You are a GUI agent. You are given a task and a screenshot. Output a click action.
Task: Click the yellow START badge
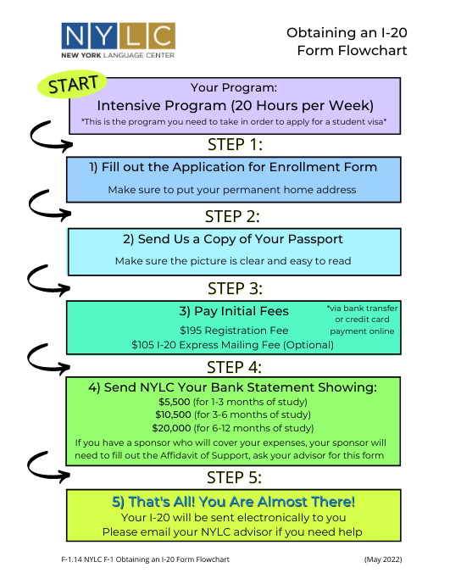click(x=72, y=84)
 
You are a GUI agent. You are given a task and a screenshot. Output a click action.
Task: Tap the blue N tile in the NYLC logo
click(x=75, y=36)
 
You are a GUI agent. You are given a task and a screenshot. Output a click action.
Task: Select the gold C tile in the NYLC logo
click(x=162, y=36)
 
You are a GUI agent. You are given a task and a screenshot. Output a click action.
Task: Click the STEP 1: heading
click(x=235, y=144)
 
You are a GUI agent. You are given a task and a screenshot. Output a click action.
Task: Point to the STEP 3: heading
click(x=235, y=289)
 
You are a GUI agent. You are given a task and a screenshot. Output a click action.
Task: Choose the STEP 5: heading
click(x=234, y=477)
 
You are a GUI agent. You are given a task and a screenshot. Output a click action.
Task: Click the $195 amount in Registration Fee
click(x=191, y=331)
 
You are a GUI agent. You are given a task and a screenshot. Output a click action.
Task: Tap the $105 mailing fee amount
click(x=142, y=345)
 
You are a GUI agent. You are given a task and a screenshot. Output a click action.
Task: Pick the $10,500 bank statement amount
click(x=173, y=414)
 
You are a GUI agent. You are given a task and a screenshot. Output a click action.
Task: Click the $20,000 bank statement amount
click(x=171, y=428)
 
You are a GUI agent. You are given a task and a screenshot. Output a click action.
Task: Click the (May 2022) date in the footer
click(x=383, y=559)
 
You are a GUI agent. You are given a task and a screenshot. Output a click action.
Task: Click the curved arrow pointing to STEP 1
click(x=51, y=136)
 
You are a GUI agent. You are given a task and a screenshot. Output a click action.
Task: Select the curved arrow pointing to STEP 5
click(x=48, y=467)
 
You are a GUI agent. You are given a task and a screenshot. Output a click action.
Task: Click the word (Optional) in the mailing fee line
click(x=308, y=345)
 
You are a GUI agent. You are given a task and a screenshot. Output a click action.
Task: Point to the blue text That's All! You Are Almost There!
click(x=234, y=502)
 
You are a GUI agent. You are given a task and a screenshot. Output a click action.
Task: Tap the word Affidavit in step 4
click(x=180, y=455)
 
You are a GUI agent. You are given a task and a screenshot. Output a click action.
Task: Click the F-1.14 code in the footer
click(x=71, y=559)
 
